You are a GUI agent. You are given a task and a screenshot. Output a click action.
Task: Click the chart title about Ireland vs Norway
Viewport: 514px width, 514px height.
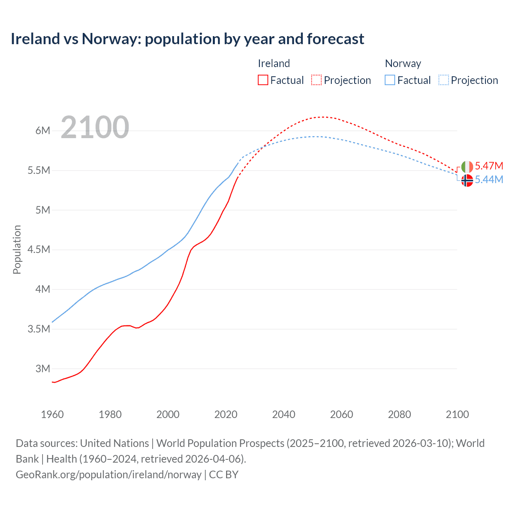187,39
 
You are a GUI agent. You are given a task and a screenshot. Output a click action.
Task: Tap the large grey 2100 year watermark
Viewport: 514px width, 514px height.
95,127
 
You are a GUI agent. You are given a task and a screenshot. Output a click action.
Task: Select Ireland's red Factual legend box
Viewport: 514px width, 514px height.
263,80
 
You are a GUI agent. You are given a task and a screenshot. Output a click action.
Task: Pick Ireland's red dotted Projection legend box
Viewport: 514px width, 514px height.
316,80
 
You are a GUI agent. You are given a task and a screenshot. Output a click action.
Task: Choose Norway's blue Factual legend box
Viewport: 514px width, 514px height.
390,80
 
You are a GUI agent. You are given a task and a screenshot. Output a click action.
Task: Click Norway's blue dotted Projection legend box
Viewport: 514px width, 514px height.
443,80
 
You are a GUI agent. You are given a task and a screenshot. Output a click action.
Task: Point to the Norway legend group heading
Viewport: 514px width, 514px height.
403,63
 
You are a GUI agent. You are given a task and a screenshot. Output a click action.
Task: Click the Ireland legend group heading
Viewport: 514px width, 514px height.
273,63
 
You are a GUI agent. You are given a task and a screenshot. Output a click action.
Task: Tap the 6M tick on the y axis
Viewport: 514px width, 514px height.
43,131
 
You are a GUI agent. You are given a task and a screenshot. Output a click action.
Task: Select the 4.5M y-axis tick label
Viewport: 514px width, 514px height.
39,249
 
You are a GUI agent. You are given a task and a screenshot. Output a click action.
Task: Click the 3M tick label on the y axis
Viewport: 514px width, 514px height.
43,369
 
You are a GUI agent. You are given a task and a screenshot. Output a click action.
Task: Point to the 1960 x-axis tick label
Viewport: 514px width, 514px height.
52,414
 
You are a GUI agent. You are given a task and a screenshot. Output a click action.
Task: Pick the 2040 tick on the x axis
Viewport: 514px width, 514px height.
284,414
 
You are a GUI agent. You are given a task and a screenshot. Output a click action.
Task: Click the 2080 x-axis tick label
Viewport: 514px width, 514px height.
399,414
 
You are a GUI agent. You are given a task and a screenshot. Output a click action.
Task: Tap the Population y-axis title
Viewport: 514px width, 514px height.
17,249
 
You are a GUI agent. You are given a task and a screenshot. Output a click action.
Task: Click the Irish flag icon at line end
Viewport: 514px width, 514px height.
467,167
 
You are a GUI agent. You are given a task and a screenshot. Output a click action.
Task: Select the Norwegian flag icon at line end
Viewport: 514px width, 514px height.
467,181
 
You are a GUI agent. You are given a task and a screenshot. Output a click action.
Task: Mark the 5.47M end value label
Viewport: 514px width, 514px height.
489,166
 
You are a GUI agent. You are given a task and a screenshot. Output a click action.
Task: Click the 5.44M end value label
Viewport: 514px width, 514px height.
489,179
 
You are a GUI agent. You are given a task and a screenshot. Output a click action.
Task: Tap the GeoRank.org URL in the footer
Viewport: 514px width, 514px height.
108,475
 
